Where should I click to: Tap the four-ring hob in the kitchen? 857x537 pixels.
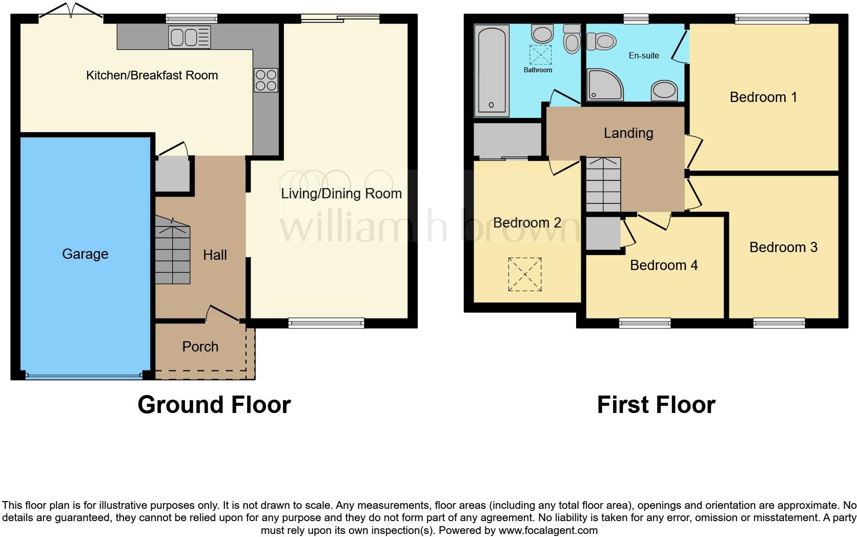266,80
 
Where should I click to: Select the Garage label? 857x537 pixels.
85,254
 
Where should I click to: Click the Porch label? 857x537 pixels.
200,347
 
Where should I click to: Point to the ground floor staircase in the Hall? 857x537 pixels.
173,254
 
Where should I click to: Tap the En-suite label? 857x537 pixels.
644,55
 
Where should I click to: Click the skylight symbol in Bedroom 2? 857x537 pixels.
525,274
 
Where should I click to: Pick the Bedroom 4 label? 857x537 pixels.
664,265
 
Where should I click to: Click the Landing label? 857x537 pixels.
628,133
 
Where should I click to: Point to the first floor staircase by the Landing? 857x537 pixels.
603,184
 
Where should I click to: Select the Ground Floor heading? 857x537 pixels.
214,405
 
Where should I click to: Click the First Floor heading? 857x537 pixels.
656,405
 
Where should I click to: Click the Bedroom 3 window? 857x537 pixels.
779,323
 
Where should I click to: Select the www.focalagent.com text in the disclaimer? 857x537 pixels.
547,530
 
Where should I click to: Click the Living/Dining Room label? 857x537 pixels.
341,194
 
